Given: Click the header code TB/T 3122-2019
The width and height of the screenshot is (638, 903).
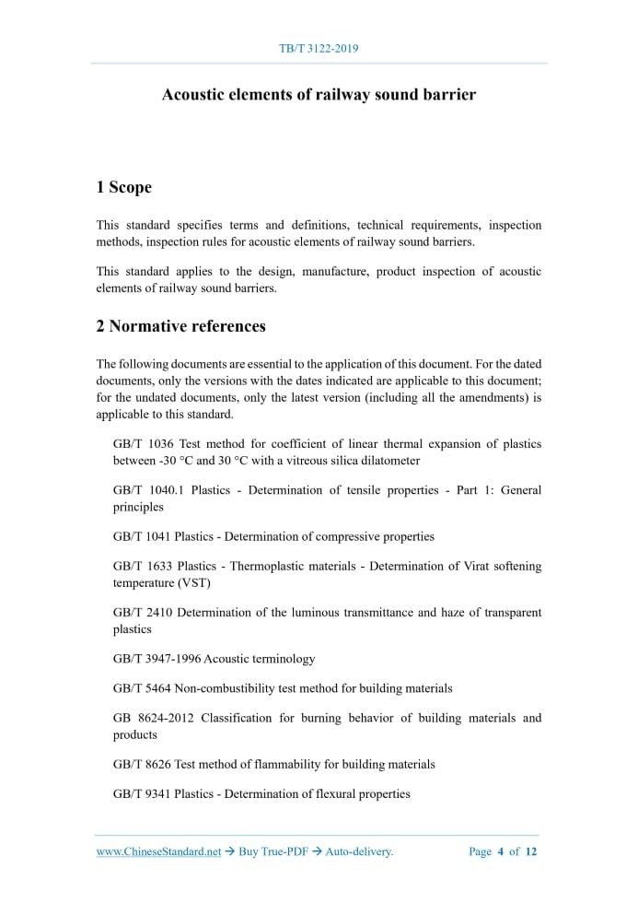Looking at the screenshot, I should point(319,47).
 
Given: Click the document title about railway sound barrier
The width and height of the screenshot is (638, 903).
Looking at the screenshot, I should point(319,95).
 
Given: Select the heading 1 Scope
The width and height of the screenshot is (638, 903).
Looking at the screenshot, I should point(123,187).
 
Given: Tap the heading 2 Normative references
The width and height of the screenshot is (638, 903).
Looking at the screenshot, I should point(180,325).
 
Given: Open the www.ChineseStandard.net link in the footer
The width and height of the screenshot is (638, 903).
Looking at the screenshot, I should point(158,851).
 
